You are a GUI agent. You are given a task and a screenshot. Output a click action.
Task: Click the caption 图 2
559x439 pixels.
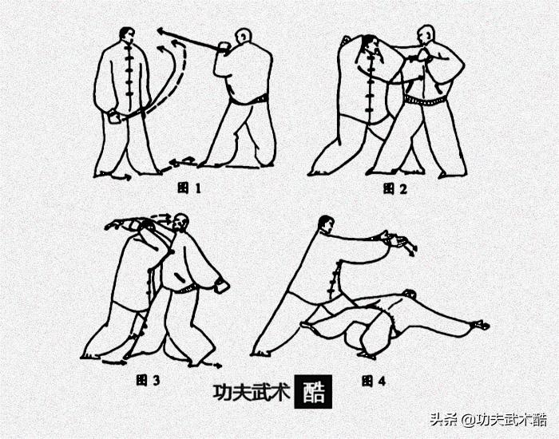(x=394, y=188)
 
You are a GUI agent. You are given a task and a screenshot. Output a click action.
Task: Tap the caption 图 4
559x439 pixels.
(x=373, y=381)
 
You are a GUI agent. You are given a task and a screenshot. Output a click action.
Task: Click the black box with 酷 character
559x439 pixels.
(x=311, y=392)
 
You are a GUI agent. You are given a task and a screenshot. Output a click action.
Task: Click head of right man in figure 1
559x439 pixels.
(x=242, y=37)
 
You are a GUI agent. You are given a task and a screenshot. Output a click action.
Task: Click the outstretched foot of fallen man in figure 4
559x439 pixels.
(x=481, y=325)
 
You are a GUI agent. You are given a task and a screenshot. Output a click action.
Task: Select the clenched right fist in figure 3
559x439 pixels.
(x=223, y=285)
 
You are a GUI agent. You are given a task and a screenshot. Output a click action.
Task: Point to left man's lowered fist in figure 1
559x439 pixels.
(x=113, y=118)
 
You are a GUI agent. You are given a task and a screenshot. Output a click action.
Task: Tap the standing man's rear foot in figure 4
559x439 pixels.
(x=260, y=351)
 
